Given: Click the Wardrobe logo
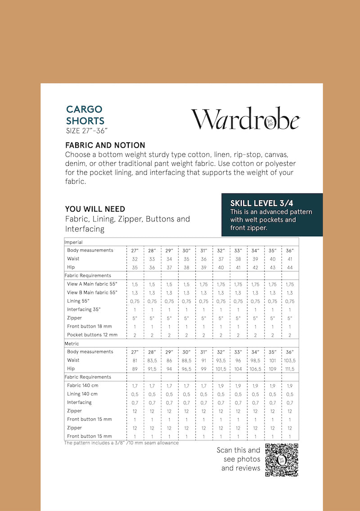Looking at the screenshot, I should click(245, 119).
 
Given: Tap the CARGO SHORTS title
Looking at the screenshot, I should click(85, 115).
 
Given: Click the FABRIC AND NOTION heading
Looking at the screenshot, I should click(105, 145).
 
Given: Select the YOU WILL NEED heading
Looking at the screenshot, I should click(95, 209).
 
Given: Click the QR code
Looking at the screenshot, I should click(281, 460).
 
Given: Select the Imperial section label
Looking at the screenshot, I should click(74, 242).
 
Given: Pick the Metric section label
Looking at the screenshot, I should click(72, 344).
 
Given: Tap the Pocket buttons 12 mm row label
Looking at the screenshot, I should click(92, 335).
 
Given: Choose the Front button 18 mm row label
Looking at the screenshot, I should click(90, 326).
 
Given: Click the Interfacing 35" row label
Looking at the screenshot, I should click(84, 309).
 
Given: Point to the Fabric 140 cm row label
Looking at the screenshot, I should click(83, 385).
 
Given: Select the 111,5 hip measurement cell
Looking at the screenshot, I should click(290, 369).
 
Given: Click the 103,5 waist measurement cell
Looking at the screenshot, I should click(290, 360).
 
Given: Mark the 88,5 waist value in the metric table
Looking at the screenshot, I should click(186, 360).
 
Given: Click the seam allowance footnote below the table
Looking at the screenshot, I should click(121, 443).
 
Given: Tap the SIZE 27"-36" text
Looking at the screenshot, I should click(86, 131).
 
